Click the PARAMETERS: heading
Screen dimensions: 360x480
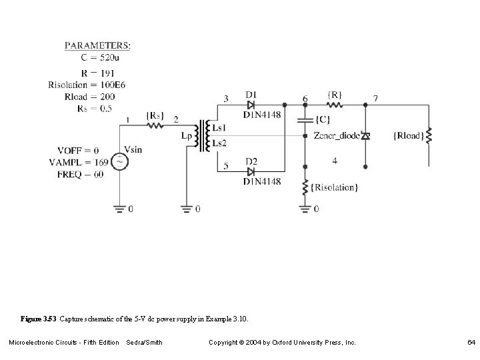tap(97, 45)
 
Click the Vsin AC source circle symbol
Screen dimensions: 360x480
tap(119, 162)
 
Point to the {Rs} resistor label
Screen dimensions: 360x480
tap(155, 115)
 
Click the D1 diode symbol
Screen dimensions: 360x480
tap(250, 105)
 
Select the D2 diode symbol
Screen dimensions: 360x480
tap(250, 171)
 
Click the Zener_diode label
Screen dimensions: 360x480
tap(335, 136)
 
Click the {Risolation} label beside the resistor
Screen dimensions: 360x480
tap(335, 187)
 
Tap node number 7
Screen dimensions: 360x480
tap(375, 99)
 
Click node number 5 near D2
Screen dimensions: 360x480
tap(226, 165)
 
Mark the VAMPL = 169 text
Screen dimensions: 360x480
tap(77, 163)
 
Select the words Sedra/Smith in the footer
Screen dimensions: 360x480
tap(144, 342)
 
